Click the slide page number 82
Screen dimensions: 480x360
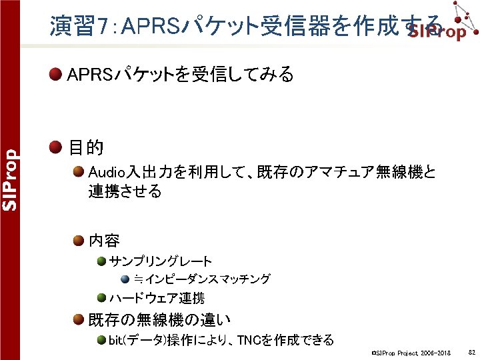click(x=471, y=351)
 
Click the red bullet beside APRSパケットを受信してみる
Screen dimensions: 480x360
click(x=57, y=74)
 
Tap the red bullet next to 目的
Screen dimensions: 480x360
click(x=57, y=147)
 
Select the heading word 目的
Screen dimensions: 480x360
click(x=85, y=147)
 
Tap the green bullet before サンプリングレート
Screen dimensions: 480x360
click(x=100, y=261)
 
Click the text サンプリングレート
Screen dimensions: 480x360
click(x=161, y=261)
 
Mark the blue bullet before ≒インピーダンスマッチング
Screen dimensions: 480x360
click(x=125, y=279)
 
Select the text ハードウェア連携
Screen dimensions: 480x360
click(x=157, y=298)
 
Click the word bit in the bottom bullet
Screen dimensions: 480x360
click(x=116, y=340)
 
